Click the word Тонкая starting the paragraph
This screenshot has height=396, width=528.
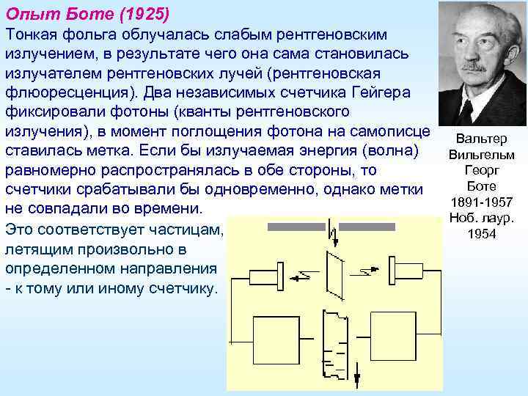[33, 35]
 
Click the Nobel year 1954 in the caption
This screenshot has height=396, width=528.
[481, 234]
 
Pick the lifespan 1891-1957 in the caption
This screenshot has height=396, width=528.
[481, 202]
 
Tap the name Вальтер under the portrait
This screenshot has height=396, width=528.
[481, 139]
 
